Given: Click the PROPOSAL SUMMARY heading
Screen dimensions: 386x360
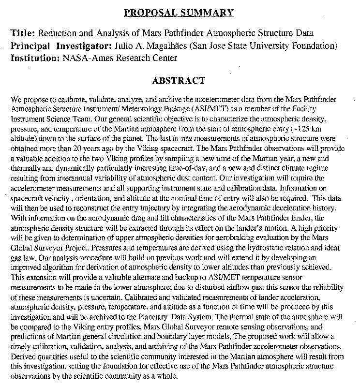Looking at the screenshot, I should pyautogui.click(x=178, y=12).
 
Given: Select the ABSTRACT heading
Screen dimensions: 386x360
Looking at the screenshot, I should pyautogui.click(x=178, y=80).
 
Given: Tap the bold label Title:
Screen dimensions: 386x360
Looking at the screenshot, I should pyautogui.click(x=23, y=33).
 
